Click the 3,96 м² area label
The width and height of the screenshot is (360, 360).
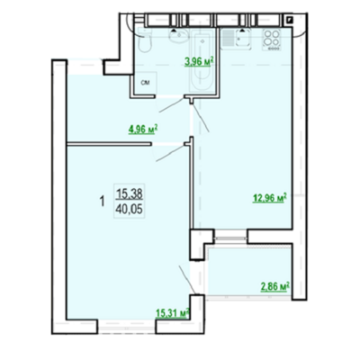[x=199, y=62]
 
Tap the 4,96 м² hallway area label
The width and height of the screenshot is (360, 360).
[x=143, y=130]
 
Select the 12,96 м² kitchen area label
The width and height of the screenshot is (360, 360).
[x=270, y=198]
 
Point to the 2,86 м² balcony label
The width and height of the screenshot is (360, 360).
[x=275, y=287]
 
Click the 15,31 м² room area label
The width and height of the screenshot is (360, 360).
[x=173, y=313]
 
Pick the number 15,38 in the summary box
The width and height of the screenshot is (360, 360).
[x=130, y=194]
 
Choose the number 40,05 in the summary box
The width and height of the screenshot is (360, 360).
[x=130, y=209]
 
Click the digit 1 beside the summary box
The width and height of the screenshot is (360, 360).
[x=103, y=202]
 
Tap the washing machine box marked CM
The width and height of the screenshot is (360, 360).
[x=145, y=83]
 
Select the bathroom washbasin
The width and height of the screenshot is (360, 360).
[x=179, y=36]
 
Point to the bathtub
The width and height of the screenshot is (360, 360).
[x=202, y=60]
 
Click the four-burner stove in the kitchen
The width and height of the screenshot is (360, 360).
[x=271, y=40]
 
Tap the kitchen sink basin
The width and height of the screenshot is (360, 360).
[x=244, y=40]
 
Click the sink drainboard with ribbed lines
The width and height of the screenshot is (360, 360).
[x=228, y=39]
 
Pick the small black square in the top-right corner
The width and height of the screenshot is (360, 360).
[x=290, y=20]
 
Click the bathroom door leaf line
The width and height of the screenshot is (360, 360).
[x=171, y=105]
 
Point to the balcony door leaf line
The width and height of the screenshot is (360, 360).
[x=187, y=279]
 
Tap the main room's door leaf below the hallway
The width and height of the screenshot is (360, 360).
[x=170, y=154]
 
